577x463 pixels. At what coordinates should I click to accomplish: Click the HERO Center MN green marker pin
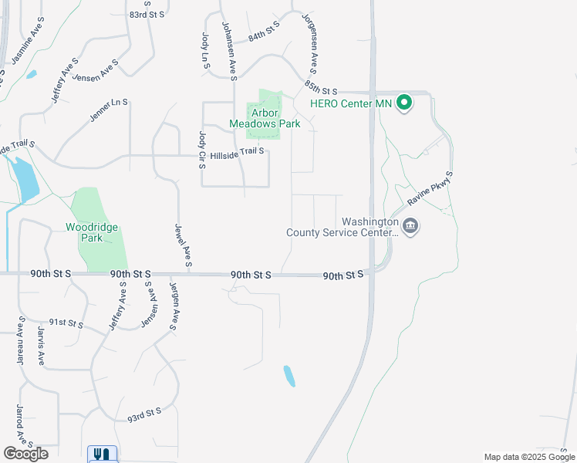403,103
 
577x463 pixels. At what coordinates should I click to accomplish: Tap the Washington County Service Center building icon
410,227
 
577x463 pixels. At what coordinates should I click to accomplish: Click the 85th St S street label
322,86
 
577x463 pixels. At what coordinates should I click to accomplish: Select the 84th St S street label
264,32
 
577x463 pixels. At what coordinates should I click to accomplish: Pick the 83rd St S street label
147,15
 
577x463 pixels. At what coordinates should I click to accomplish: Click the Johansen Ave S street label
228,49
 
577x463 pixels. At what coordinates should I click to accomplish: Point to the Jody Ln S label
206,51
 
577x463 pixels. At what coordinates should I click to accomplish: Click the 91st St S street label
66,324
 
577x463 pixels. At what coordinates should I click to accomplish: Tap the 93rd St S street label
144,415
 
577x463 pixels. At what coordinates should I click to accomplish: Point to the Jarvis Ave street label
41,346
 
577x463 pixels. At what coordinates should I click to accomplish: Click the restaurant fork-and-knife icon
102,454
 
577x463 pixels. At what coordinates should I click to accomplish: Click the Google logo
25,453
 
